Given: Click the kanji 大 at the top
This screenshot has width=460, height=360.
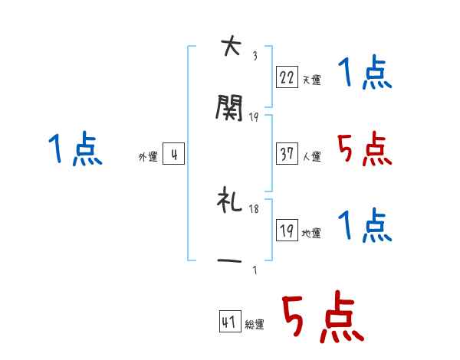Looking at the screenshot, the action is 229,47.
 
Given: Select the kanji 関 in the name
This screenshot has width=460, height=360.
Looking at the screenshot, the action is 229,109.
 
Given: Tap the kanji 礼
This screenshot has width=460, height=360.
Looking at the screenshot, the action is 229,201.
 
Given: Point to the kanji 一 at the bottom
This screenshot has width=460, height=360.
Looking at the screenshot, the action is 229,261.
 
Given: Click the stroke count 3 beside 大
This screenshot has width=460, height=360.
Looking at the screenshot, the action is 255,56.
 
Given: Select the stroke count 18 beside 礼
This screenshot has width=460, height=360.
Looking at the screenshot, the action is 255,209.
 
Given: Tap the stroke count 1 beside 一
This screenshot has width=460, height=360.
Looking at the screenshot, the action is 255,270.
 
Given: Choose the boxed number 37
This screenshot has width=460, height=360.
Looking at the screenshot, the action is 286,153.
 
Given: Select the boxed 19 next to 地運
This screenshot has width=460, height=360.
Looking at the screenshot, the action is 286,230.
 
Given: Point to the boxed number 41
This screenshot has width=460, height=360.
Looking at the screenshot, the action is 229,322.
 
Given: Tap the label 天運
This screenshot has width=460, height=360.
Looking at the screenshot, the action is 311,80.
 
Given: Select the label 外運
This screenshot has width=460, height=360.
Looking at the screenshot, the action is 147,157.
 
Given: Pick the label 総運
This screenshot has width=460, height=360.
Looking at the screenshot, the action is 254,325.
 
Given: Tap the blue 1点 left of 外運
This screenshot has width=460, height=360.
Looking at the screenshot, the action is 75,149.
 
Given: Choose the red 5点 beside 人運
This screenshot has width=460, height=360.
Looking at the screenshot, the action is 364,149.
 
